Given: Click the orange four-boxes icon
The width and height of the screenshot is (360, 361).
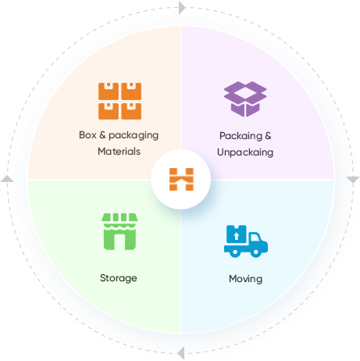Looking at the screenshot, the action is click(119, 101).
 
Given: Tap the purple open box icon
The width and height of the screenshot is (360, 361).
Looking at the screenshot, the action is click(245, 99).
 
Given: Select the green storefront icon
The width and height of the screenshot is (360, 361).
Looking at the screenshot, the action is click(119, 231).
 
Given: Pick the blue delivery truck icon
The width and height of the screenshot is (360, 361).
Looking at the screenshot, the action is click(246, 241).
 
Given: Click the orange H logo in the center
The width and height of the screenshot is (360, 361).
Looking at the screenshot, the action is click(181, 179).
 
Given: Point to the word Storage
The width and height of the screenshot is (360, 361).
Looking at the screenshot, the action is click(119, 278).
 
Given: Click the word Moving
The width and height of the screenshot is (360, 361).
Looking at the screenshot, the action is click(245, 279).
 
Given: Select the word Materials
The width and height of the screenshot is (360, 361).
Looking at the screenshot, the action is click(119, 152).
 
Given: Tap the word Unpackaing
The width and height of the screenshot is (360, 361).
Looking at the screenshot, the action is click(245, 152).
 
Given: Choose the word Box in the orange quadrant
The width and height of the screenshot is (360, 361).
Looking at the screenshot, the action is click(87, 135).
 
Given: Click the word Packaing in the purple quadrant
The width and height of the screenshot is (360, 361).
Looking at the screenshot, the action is click(241, 136).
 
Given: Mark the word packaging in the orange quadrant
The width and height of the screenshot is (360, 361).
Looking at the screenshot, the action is click(134, 135).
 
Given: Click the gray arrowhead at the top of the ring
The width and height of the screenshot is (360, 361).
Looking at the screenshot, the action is click(182, 8).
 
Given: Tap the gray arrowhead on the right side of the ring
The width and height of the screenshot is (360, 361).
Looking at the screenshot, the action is click(353, 180).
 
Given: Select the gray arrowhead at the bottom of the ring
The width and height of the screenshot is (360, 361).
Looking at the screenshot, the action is click(180, 353).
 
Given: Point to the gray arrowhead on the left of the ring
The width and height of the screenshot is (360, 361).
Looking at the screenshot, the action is click(7, 179).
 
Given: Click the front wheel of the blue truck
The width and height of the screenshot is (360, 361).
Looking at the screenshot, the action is click(255, 252).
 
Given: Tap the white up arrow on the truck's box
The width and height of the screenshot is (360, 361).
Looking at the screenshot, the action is click(237, 236).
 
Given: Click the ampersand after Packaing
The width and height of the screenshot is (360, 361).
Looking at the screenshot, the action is click(268, 135).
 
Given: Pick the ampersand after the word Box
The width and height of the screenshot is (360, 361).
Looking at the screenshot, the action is click(102, 135).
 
